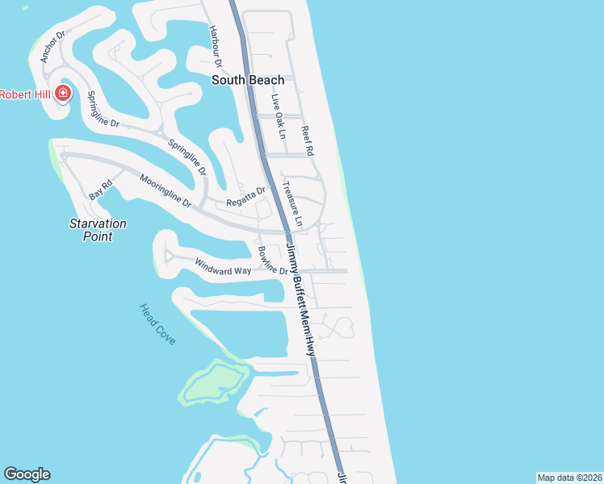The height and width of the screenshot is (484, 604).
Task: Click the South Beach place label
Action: coord(248,80)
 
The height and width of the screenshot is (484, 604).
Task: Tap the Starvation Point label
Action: coord(97,230)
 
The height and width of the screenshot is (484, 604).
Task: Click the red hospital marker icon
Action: coord(62,94)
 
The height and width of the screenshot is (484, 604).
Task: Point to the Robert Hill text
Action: coord(25,94)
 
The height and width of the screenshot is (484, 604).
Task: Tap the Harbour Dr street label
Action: coord(215,46)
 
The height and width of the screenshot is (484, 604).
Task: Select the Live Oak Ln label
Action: coord(278,117)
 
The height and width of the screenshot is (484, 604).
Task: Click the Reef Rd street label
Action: coord(307,140)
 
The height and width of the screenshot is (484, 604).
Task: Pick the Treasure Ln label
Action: coord(292,202)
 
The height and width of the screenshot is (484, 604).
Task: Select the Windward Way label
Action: coord(223,265)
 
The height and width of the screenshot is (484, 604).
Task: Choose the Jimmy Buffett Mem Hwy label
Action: coord(299,300)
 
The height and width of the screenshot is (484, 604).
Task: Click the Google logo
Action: coord(27,474)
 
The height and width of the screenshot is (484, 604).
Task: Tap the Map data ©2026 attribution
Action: coord(569,478)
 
